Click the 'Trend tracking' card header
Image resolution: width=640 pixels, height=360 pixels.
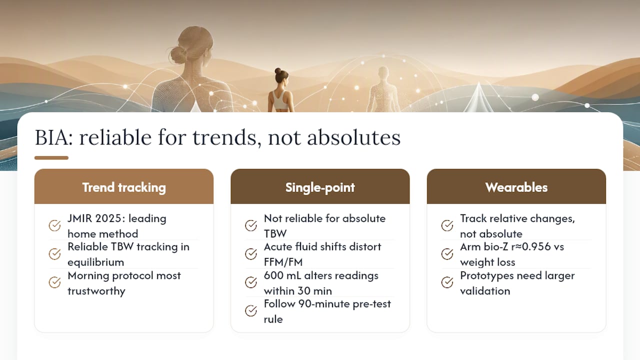pyautogui.click(x=123, y=186)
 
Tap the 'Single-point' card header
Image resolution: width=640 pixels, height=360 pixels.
pyautogui.click(x=320, y=186)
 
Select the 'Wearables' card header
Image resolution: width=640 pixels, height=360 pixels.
pyautogui.click(x=516, y=186)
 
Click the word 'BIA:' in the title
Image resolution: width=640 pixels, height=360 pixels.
pyautogui.click(x=53, y=137)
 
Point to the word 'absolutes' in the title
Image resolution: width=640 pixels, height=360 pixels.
pyautogui.click(x=353, y=137)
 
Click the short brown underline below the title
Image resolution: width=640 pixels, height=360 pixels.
pyautogui.click(x=51, y=157)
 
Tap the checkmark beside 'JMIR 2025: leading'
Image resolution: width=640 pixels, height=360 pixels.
pyautogui.click(x=54, y=225)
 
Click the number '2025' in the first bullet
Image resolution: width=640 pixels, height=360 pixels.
pyautogui.click(x=109, y=218)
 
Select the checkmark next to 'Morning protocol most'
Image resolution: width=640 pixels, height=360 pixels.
pyautogui.click(x=54, y=282)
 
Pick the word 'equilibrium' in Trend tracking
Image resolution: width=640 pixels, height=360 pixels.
pyautogui.click(x=95, y=262)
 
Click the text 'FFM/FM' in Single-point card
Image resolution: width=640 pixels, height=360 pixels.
pyautogui.click(x=283, y=262)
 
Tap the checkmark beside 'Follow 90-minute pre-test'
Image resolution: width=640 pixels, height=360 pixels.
pyautogui.click(x=251, y=310)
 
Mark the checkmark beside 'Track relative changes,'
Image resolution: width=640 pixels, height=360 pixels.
pyautogui.click(x=447, y=225)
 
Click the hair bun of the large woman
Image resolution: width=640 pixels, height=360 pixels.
pyautogui.click(x=178, y=54)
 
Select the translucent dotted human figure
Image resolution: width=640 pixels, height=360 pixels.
pyautogui.click(x=383, y=89)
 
